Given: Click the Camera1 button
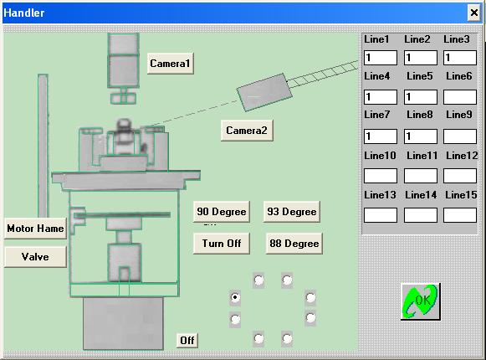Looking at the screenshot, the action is click(x=170, y=64).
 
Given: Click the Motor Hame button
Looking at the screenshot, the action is click(x=35, y=229).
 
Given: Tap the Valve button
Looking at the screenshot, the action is click(x=35, y=257).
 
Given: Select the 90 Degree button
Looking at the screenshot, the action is click(x=222, y=212).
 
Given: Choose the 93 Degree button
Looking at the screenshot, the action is click(x=292, y=212).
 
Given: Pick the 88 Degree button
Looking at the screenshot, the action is click(x=294, y=244).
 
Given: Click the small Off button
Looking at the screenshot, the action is click(x=187, y=341).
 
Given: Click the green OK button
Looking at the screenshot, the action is click(x=421, y=301).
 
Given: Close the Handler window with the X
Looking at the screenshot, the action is click(x=474, y=13).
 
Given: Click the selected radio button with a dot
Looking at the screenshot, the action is click(x=235, y=297).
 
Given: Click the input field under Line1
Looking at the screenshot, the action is click(x=381, y=58).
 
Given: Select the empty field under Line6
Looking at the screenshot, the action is click(x=460, y=97).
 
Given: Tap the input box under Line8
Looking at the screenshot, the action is click(x=421, y=136).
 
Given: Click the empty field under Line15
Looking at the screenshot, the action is click(x=460, y=215).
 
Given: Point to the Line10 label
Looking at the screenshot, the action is click(x=380, y=156).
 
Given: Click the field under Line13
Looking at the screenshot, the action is click(x=381, y=215).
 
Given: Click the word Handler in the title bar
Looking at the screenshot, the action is click(x=24, y=13).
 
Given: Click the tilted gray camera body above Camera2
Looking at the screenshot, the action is click(x=264, y=92).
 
